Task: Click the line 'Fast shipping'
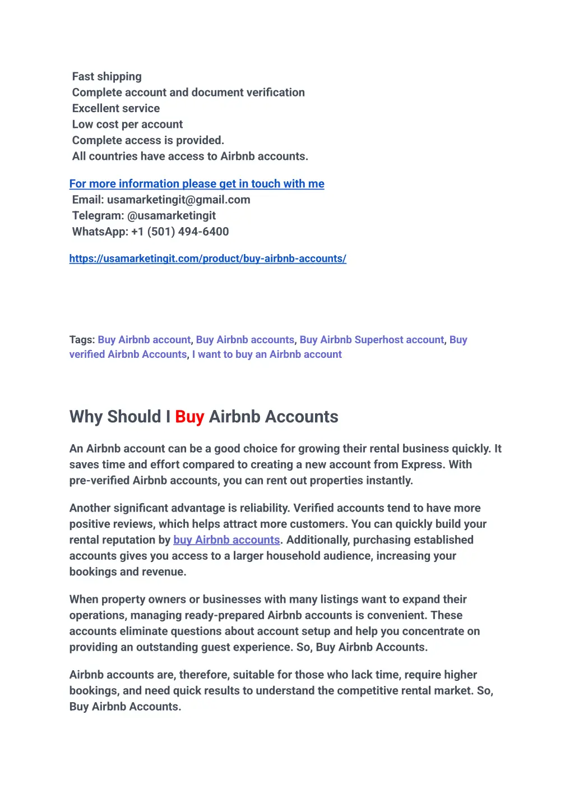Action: pos(107,76)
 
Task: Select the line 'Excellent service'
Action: pos(115,108)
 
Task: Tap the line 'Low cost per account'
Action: pos(127,124)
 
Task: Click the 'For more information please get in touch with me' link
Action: pos(197,183)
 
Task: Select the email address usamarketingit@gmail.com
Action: pos(178,200)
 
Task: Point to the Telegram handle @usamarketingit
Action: pos(171,215)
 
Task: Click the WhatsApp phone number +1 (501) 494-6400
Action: pos(179,232)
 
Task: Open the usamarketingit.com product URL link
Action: pos(207,259)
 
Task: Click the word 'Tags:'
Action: pos(82,340)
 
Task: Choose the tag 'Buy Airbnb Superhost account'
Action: pos(371,340)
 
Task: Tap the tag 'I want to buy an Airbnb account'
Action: pos(267,354)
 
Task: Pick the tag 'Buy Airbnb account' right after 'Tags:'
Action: pos(144,340)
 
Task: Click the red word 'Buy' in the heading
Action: pos(189,417)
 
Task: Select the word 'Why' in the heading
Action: pos(86,417)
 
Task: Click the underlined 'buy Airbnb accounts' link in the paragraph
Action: pos(226,540)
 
